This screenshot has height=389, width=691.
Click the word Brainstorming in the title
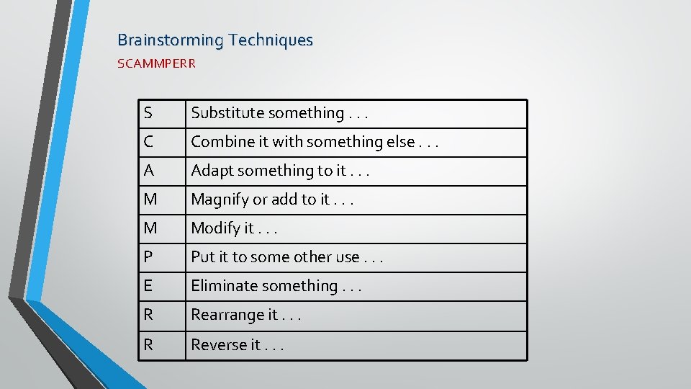[171, 40]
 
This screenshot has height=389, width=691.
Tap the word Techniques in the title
[271, 40]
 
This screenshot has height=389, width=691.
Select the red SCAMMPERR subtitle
[156, 63]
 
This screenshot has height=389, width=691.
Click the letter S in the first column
[148, 113]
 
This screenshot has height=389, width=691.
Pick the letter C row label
[148, 142]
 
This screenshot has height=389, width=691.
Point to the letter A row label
[148, 171]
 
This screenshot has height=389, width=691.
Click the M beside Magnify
[150, 200]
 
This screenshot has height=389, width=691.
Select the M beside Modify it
[150, 228]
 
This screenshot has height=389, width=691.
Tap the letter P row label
[148, 257]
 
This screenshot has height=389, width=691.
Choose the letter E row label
[148, 286]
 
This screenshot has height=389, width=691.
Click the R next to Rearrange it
[148, 315]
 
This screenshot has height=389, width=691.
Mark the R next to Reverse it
[148, 345]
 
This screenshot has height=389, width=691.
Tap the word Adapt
[212, 171]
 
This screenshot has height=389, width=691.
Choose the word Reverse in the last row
[215, 345]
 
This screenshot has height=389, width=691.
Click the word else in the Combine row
[400, 142]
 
